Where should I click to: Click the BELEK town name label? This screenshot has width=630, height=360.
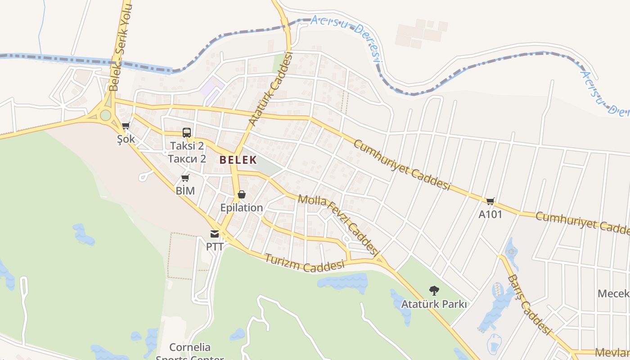point(238,160)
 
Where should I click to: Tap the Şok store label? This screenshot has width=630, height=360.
point(126,139)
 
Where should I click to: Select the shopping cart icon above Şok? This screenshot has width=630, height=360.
point(126,126)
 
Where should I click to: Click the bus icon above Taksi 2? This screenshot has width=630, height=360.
point(187,132)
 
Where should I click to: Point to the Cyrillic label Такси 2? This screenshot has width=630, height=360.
point(187,158)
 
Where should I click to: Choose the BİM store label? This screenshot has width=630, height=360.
point(185,191)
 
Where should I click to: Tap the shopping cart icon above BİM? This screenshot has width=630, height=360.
point(185,178)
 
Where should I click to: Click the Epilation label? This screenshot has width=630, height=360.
point(242,207)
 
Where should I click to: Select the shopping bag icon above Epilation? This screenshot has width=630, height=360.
point(242,194)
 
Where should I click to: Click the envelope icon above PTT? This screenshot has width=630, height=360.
point(215,234)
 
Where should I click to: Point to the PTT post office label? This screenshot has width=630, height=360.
point(215,247)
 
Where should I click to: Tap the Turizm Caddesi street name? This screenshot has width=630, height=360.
point(304,263)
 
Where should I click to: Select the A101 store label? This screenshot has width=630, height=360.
point(490,214)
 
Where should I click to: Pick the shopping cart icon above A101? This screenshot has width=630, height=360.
point(490,201)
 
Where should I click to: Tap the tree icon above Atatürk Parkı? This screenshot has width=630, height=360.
point(434,291)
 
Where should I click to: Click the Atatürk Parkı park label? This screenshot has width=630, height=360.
point(434,304)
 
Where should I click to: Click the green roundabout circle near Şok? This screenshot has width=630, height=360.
point(105,115)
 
